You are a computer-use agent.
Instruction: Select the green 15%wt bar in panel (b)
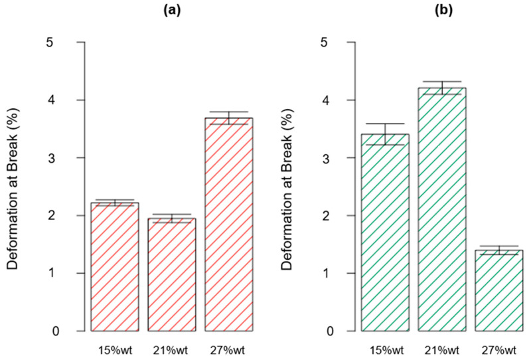pos(385,232)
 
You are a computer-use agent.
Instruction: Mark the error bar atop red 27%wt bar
pos(228,118)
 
